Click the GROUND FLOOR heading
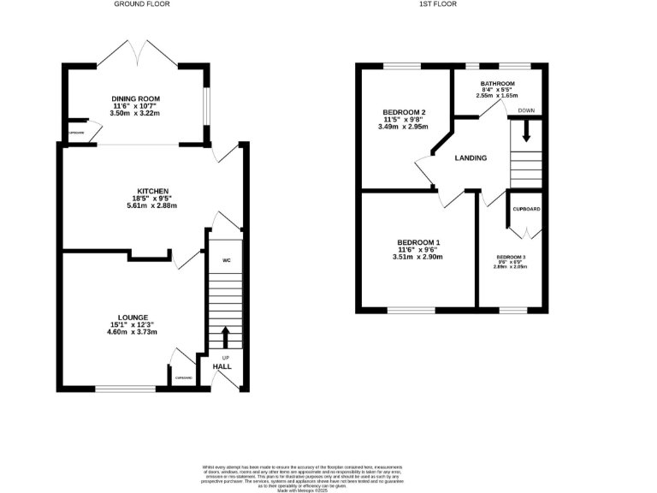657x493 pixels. coord(142,4)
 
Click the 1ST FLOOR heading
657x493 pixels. coord(439,4)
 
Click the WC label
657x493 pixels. coord(227,260)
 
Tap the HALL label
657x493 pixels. coord(222,366)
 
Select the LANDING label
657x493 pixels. coord(471,158)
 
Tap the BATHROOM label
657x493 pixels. coord(498,83)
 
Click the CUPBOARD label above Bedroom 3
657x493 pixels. coord(525,209)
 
